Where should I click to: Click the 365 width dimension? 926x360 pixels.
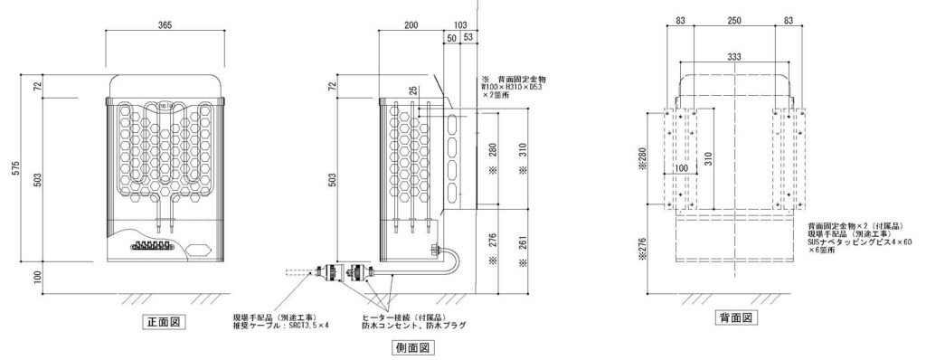pos(163,24)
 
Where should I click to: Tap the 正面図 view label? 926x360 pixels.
pos(163,322)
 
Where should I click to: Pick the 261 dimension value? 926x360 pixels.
pos(525,248)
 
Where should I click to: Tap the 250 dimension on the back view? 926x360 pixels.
pos(735,20)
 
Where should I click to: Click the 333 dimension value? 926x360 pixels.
pos(735,56)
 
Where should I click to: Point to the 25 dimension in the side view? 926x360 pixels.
pos(412,90)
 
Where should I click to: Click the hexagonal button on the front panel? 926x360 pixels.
pos(199,245)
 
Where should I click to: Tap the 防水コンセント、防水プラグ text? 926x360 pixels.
pos(414,325)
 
